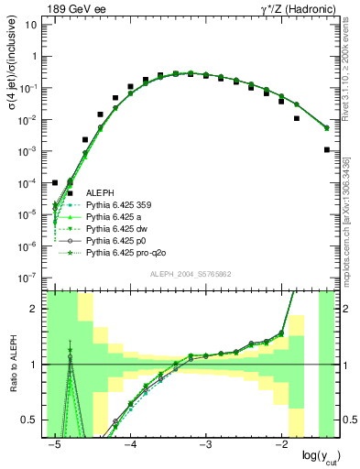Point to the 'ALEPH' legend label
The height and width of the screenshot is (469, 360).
[x=102, y=193]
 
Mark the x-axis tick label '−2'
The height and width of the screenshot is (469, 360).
[x=282, y=445]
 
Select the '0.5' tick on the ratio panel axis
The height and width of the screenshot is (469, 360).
[x=31, y=420]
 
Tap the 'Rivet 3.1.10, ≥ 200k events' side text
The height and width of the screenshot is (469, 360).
[x=351, y=78]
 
